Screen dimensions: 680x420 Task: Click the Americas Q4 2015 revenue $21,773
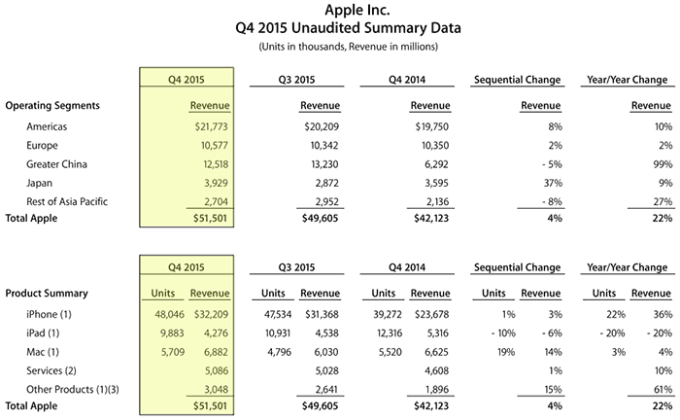tap(211, 126)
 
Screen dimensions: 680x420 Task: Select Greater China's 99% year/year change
tap(663, 164)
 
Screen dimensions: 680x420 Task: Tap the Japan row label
tap(39, 183)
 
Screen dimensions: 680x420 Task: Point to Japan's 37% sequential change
tap(553, 183)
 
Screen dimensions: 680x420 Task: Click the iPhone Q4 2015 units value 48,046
tap(170, 314)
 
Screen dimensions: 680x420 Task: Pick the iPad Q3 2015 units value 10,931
tap(278, 333)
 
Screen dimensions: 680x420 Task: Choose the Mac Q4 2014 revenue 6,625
tap(437, 352)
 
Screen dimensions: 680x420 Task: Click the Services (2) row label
tap(51, 371)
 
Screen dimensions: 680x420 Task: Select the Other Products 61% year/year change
tap(663, 390)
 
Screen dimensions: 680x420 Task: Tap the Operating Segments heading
tap(52, 105)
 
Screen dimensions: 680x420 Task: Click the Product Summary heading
tap(47, 294)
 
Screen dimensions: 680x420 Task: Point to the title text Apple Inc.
tap(357, 10)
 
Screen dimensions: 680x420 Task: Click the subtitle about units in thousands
tap(348, 47)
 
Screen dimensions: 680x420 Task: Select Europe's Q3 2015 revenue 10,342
tap(324, 146)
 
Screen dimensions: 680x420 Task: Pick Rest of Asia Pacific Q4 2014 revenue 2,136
tap(437, 202)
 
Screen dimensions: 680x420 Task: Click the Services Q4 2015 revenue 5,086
tap(216, 371)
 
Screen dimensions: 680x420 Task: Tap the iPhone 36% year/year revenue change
tap(663, 314)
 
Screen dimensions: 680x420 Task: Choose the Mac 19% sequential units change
tap(506, 352)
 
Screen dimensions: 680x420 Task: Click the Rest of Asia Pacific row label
tap(67, 202)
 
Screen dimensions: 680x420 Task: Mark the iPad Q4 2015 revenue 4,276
tap(216, 333)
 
